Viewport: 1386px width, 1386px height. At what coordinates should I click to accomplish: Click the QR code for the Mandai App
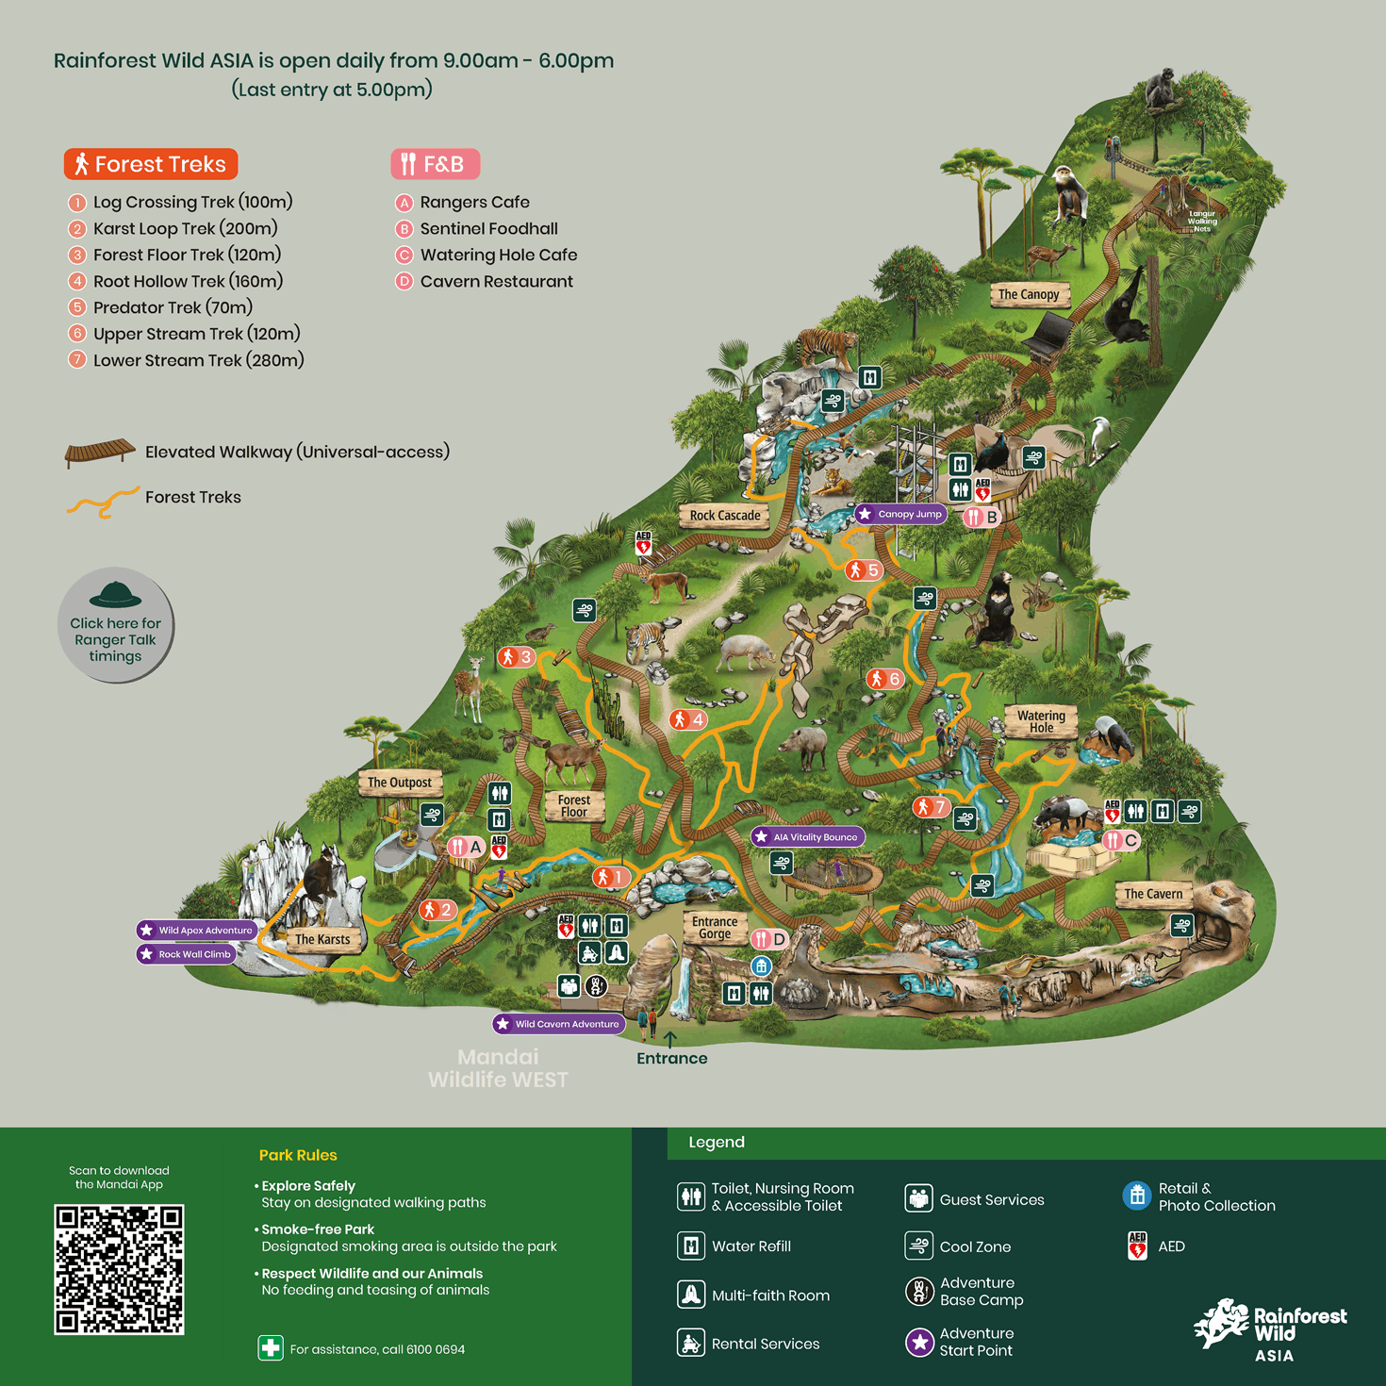119,1268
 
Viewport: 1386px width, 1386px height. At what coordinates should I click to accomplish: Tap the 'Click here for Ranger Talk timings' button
116,625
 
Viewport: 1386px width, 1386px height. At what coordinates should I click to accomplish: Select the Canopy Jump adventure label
900,514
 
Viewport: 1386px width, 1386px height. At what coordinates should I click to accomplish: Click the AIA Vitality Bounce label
807,836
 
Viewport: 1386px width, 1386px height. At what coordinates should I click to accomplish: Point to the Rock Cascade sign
724,516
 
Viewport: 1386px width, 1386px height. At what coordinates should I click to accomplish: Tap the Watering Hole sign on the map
1041,721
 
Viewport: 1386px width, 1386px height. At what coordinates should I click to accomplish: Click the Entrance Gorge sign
715,928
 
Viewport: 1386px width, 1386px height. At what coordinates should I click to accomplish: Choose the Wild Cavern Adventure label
558,1024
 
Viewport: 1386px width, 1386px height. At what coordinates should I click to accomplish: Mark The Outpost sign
400,783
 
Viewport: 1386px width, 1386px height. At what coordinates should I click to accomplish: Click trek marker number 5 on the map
864,570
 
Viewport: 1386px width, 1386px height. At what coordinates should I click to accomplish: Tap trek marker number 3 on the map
517,657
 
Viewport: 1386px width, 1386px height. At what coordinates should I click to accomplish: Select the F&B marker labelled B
982,517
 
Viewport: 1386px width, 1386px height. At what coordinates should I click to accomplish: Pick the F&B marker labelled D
769,939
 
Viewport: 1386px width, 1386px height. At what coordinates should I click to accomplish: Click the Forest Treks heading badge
151,164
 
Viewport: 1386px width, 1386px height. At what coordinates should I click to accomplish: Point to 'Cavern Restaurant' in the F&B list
496,281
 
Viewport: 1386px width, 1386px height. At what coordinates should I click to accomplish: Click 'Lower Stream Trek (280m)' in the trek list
198,360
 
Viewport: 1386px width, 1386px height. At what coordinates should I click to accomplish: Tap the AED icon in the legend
1137,1246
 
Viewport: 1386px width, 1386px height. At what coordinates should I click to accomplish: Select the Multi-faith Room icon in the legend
691,1295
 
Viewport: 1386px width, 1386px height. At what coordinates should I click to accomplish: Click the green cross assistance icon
271,1348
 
